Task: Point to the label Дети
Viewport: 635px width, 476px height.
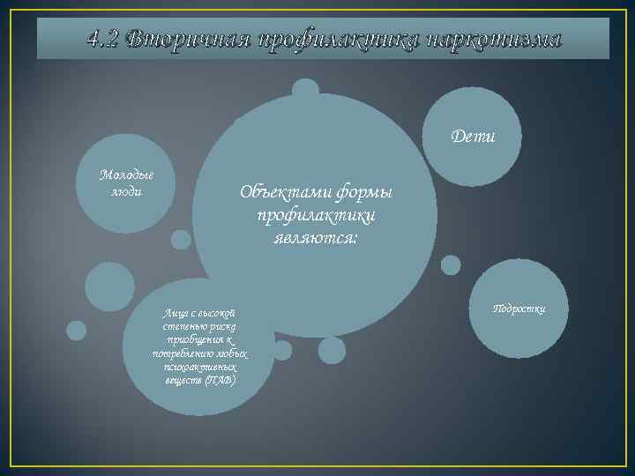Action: click(473, 137)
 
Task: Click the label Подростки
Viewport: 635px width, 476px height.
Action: click(519, 308)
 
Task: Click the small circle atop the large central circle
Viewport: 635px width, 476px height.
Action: click(305, 91)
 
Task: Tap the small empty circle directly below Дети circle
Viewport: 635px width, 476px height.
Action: click(451, 264)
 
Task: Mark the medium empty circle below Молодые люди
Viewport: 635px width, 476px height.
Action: click(109, 286)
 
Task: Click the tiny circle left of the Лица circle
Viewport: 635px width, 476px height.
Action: click(77, 331)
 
